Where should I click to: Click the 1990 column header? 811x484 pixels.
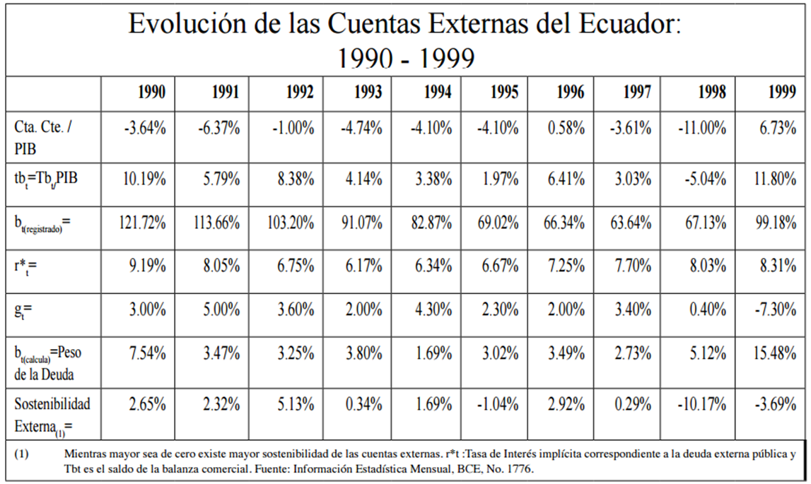pos(151,93)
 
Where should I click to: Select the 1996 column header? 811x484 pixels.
pos(570,93)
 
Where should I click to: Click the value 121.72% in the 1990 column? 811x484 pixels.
pos(142,224)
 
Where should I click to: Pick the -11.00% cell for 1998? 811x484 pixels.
pos(702,129)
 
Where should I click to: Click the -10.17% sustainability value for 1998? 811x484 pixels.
pos(702,405)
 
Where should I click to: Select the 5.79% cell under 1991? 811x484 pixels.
pos(221,179)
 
